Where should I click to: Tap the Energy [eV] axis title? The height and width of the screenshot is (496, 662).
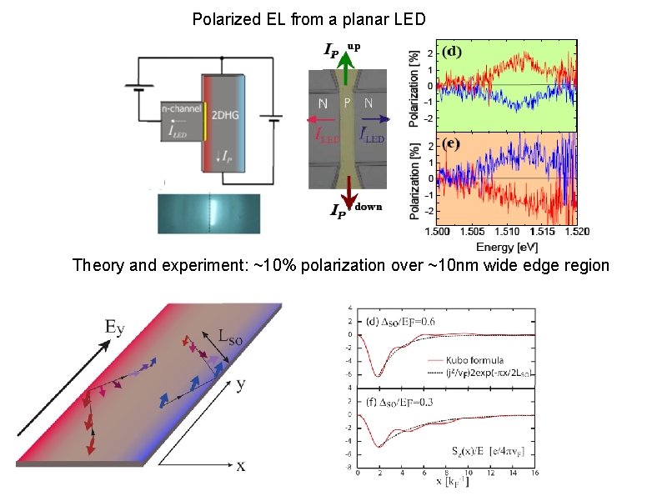click(x=506, y=247)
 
